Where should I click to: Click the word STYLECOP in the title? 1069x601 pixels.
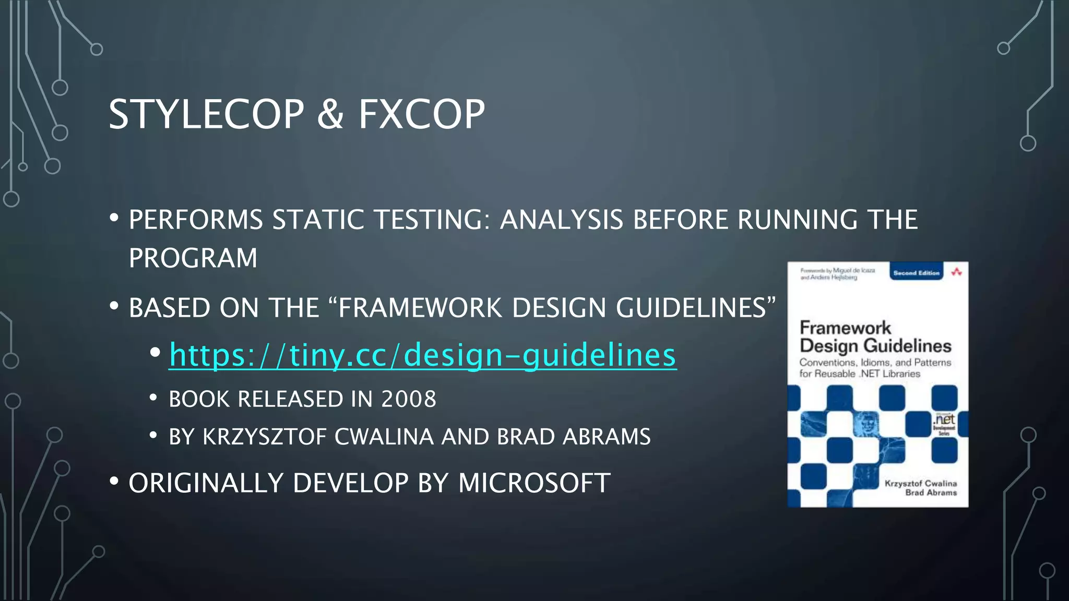tap(206, 114)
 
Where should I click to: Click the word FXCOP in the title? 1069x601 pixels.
tap(421, 114)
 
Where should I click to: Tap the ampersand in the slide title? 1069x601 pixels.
tap(330, 114)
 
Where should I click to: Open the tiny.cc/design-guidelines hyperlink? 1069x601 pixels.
tap(422, 355)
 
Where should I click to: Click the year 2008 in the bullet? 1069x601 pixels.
tap(408, 400)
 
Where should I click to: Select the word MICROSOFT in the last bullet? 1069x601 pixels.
tap(534, 483)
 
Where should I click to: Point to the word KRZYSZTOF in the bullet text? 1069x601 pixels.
tap(264, 437)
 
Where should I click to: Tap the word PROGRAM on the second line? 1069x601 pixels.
tap(193, 258)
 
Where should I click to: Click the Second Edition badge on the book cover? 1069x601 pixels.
tap(916, 272)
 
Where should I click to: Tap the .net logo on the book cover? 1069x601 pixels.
tap(944, 420)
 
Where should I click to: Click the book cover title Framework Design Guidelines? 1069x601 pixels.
tap(875, 336)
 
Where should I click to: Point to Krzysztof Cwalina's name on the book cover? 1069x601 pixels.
tap(920, 484)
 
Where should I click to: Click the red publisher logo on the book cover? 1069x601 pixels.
tap(956, 272)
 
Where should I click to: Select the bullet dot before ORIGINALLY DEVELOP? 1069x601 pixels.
tap(114, 482)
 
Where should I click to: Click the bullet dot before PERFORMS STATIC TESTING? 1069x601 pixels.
tap(114, 218)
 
